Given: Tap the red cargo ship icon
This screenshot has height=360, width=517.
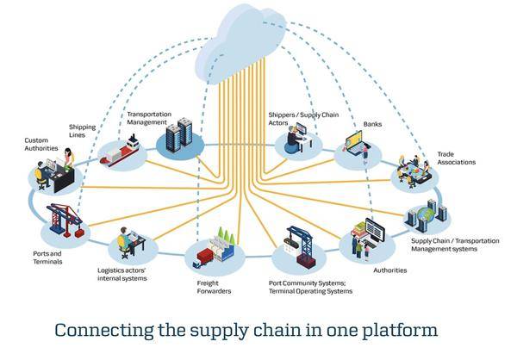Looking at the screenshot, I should click(120, 152).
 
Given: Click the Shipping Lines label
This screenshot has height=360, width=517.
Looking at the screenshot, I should click(82, 131).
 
